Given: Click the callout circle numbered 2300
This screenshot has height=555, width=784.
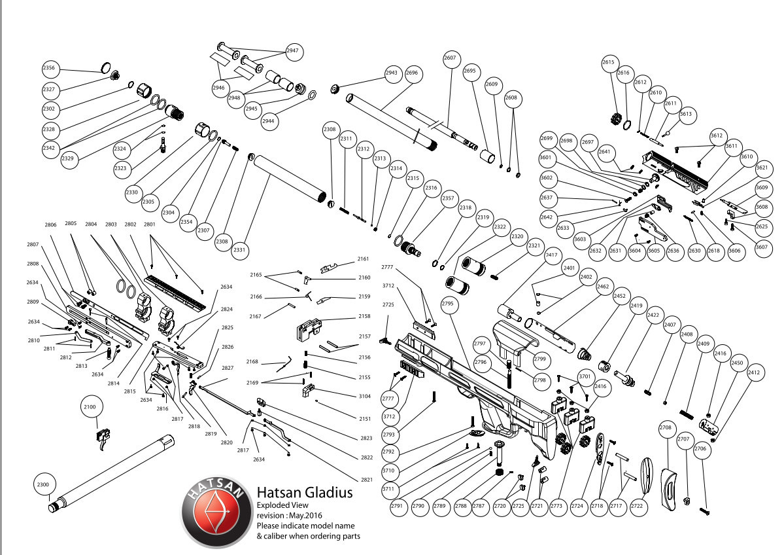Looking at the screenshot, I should (x=43, y=485).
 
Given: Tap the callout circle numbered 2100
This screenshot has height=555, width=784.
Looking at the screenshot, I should (x=90, y=407).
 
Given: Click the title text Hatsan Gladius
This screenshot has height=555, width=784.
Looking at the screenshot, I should (x=304, y=492).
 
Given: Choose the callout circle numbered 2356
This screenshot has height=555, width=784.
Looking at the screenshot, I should (x=49, y=67).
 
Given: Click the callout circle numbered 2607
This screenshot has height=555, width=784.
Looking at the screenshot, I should (x=450, y=58).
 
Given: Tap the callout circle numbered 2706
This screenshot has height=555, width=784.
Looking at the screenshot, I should (x=700, y=449).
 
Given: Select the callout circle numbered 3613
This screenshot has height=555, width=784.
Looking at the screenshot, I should (x=685, y=114).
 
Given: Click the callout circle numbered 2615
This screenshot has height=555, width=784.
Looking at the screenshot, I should (x=609, y=62).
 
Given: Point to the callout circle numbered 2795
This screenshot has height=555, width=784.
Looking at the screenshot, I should (x=447, y=304).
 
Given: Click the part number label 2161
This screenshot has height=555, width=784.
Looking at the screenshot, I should (x=364, y=259).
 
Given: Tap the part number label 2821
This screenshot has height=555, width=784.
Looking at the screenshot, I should (x=367, y=480).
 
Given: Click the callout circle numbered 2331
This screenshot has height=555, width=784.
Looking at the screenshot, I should (x=240, y=250).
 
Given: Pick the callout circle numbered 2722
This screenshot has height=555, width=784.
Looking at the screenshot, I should (x=638, y=507).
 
